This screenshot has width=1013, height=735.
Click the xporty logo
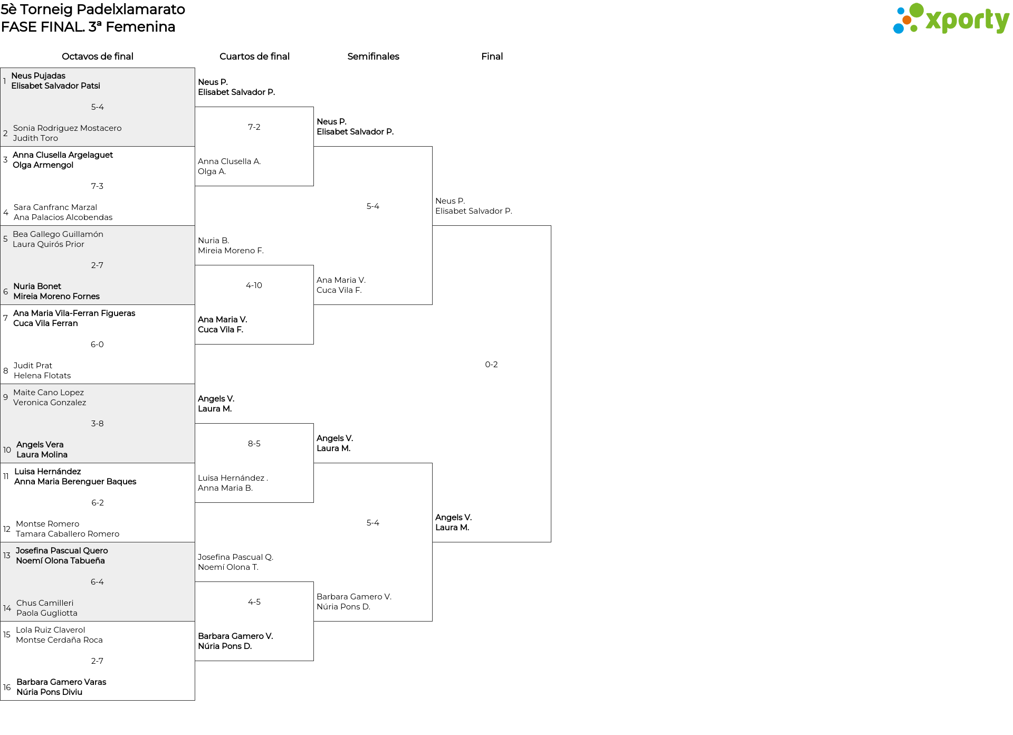click(951, 19)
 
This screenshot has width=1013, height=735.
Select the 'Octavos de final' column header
click(98, 56)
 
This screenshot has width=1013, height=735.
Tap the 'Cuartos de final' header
click(254, 56)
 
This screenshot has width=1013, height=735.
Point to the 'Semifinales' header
click(373, 56)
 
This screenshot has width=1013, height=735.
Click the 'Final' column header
click(492, 56)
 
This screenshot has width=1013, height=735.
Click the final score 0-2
click(491, 365)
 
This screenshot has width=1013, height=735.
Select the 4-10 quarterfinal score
click(254, 285)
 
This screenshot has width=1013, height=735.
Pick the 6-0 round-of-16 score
click(97, 345)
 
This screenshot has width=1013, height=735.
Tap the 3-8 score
click(97, 424)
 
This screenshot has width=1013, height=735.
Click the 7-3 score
click(97, 186)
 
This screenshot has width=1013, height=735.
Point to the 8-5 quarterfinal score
click(254, 444)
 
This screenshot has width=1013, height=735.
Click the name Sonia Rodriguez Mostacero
click(67, 128)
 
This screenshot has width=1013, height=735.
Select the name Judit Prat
click(33, 366)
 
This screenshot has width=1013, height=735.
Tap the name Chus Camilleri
click(45, 603)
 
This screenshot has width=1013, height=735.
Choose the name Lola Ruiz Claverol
click(50, 630)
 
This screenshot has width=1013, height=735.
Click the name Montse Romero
click(47, 524)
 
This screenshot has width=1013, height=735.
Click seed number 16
click(7, 688)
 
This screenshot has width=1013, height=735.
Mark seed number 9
click(5, 397)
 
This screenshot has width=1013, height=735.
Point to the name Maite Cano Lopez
click(49, 393)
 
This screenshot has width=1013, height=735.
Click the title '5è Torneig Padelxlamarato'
click(93, 9)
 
